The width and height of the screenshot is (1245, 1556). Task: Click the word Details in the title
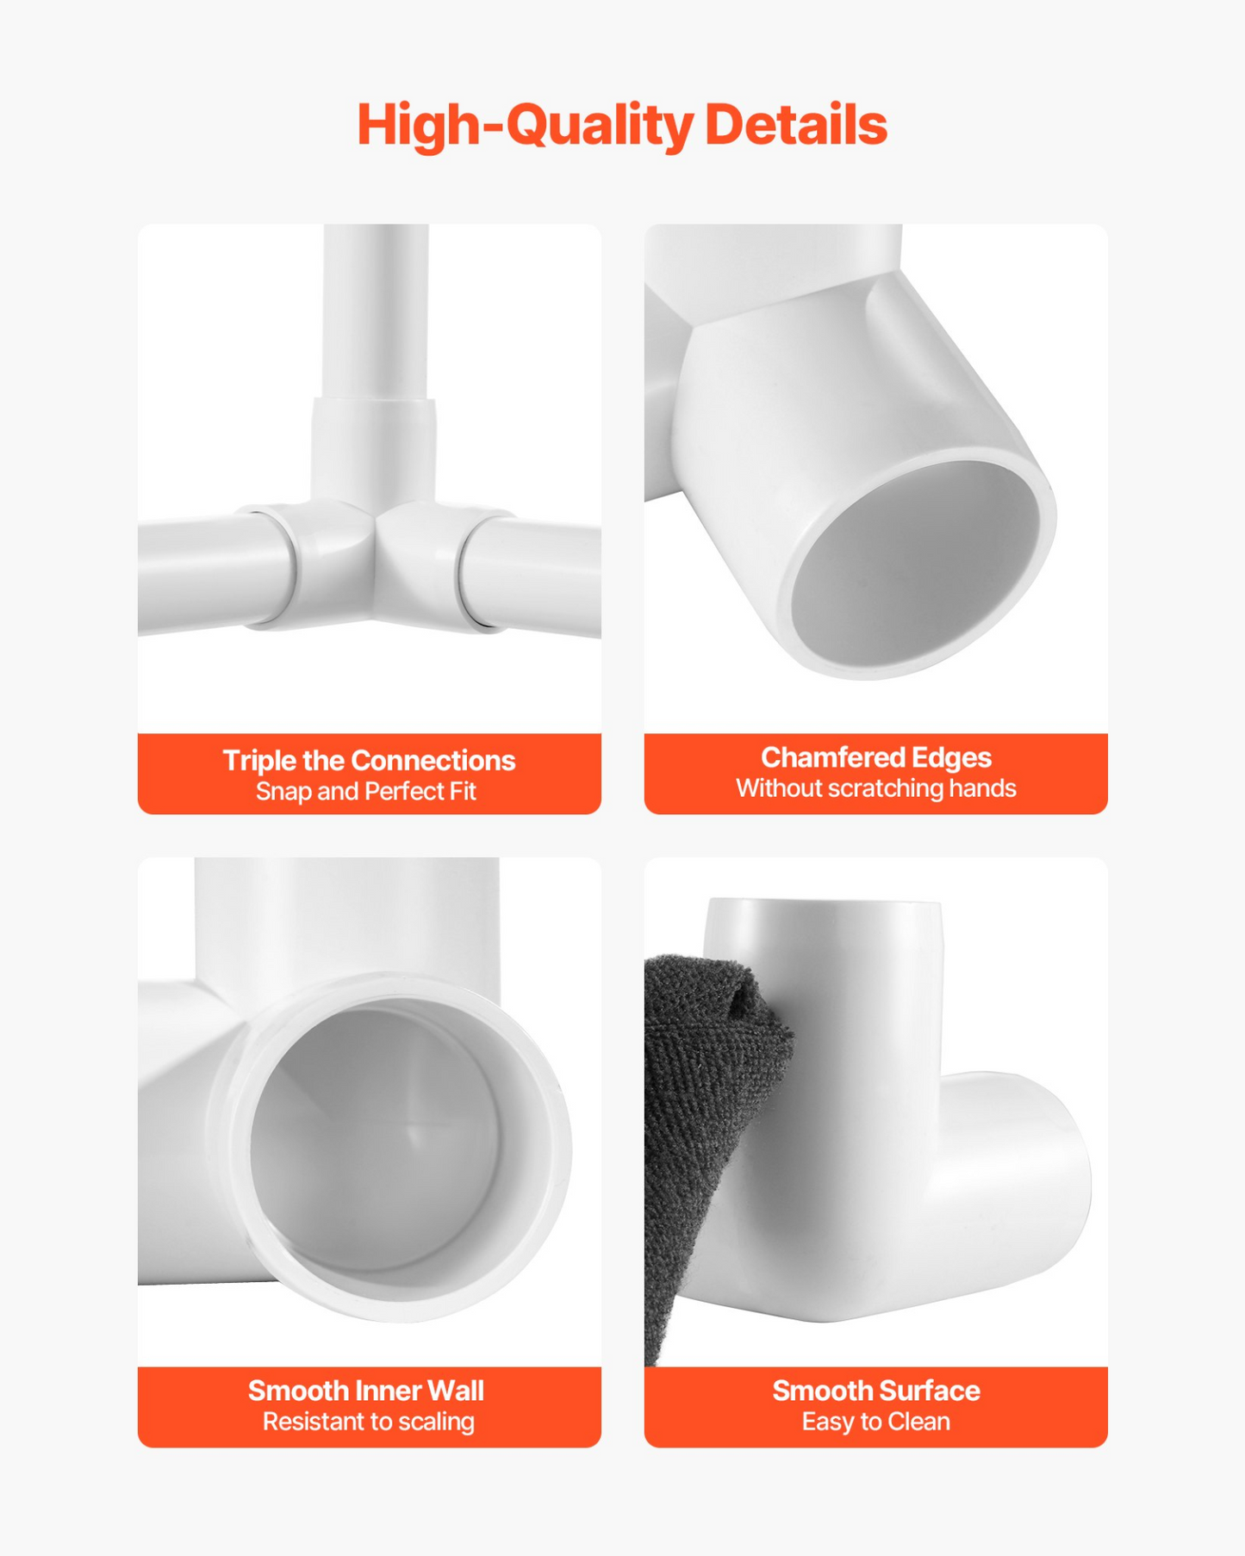796,125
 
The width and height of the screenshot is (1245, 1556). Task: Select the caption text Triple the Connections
369,760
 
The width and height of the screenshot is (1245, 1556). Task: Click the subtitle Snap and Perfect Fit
366,791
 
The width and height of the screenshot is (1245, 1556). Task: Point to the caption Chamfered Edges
876,757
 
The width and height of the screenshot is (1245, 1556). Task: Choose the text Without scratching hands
876,788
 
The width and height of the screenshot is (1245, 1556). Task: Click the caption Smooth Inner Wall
366,1391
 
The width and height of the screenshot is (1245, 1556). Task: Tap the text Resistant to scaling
369,1422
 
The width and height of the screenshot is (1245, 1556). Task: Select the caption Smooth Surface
876,1391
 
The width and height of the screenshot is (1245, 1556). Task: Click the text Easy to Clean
876,1422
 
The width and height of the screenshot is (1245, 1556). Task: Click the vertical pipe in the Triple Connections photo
376,310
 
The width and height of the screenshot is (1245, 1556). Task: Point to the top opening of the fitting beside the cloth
823,902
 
